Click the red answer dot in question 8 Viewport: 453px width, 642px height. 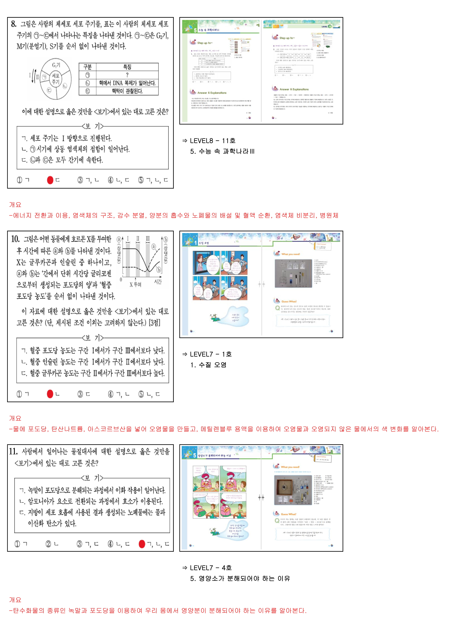click(50, 180)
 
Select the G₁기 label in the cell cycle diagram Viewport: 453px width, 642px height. click(56, 65)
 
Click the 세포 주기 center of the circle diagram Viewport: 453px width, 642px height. click(56, 79)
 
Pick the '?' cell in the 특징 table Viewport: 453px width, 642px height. click(127, 75)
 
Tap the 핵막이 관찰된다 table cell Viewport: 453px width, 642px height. click(127, 91)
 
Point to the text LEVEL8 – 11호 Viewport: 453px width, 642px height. click(213, 141)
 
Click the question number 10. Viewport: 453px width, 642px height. click(15, 239)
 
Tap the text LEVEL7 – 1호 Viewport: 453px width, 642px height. click(211, 354)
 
